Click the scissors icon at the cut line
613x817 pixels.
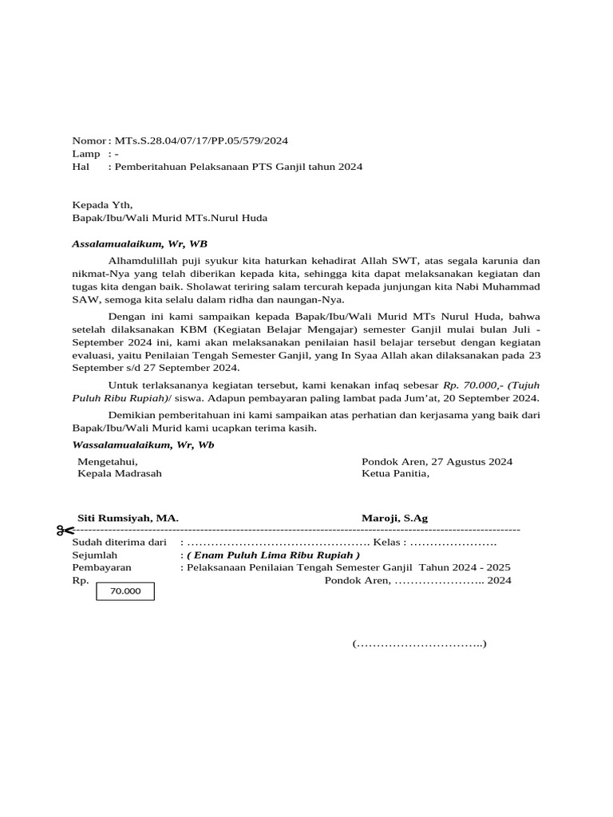(65, 531)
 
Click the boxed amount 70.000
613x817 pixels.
(125, 591)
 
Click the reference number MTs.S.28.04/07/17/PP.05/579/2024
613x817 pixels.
(201, 141)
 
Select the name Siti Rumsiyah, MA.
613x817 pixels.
(128, 518)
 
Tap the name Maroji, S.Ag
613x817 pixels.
(394, 518)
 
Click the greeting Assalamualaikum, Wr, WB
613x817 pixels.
(140, 243)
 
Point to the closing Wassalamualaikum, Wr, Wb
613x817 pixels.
(143, 444)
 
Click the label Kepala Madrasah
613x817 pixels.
(120, 473)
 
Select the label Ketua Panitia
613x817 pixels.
(395, 473)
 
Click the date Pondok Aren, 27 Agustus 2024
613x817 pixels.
(437, 461)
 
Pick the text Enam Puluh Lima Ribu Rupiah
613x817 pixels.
(273, 555)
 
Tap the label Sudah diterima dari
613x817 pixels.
(113, 542)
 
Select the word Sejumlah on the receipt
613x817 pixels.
(95, 555)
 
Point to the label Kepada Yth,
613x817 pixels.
(102, 205)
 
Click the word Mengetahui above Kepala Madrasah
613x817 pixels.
(107, 461)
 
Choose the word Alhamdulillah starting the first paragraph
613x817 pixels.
(144, 260)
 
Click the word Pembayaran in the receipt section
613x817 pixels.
(102, 567)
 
